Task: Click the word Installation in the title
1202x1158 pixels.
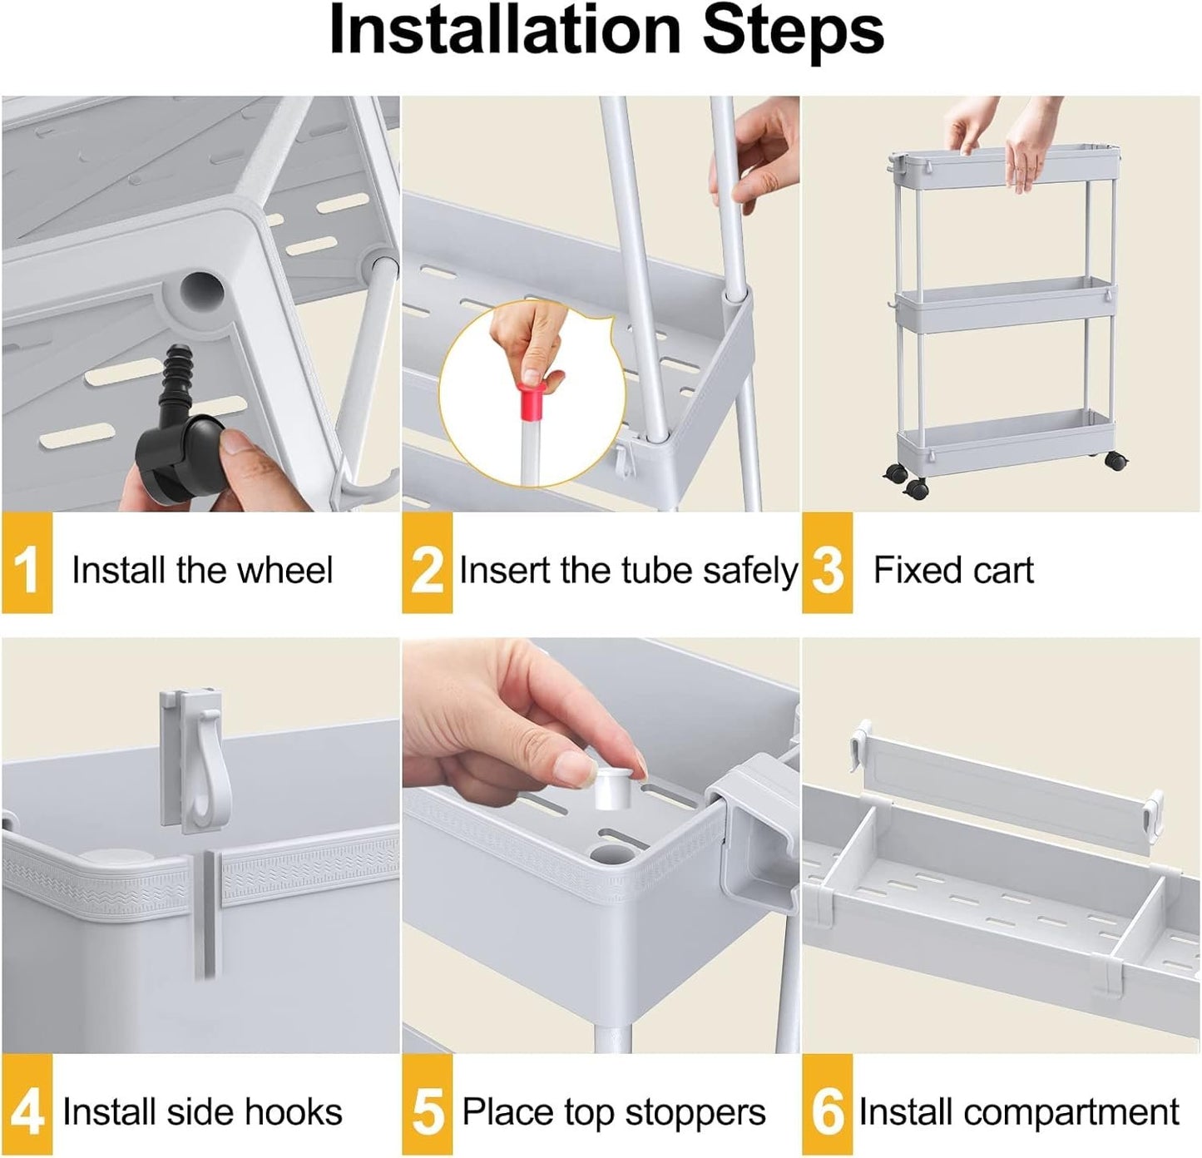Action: click(x=504, y=32)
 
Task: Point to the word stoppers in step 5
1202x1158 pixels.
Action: click(x=695, y=1112)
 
